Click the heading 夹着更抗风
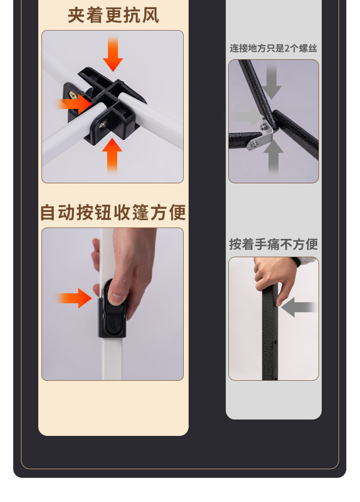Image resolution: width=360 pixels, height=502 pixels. pos(113,15)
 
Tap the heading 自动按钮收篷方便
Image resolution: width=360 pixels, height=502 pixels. pos(113,212)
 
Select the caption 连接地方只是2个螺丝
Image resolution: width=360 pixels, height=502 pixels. pos(273,48)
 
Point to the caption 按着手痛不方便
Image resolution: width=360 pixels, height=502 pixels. pos(273,244)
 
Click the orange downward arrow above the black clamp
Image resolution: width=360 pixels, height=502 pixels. pos(113,53)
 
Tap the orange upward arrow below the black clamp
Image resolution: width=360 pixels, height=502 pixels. pos(112,156)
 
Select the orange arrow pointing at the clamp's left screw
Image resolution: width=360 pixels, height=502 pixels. pos(74,104)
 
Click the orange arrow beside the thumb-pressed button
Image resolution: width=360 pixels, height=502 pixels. pos(74,298)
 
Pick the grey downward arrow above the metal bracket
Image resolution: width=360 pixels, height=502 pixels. pos(272,81)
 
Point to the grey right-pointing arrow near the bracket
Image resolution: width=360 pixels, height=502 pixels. pos(248,117)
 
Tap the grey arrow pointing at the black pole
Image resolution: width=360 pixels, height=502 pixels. pos(299,307)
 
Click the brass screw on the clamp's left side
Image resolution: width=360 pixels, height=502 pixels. pos(73,95)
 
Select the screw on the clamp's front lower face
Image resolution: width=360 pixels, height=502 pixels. pos(104,124)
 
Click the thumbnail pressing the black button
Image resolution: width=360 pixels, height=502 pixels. pos(116,298)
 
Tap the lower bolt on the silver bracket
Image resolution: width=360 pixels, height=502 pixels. pos(254,145)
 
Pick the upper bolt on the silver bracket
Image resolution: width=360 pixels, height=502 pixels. pos(264,127)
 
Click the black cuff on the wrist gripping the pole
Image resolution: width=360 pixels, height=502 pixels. pos(296,262)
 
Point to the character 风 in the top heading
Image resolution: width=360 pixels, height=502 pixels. pos(150,16)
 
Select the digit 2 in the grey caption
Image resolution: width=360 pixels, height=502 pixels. pos(287,48)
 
